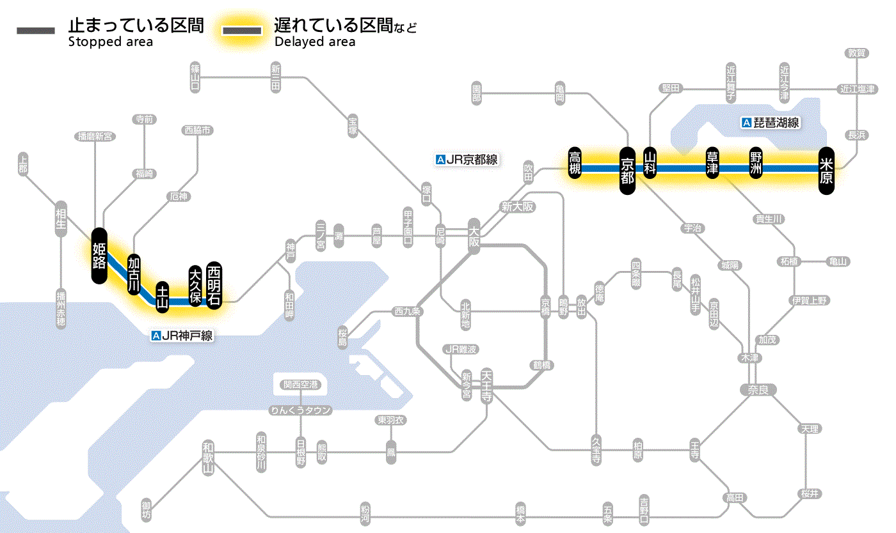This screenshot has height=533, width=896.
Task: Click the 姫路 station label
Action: (x=99, y=256)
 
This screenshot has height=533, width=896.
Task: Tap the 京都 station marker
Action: (x=627, y=171)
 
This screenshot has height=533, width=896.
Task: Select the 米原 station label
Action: (x=826, y=171)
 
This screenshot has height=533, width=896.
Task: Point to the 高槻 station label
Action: (x=575, y=164)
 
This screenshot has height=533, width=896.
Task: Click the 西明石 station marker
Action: (x=214, y=285)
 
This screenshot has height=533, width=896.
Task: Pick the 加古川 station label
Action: (x=134, y=275)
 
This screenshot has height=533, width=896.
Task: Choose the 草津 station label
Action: (x=712, y=164)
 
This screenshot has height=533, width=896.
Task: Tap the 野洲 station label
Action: (x=756, y=164)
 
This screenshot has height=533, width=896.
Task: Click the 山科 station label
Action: (x=650, y=164)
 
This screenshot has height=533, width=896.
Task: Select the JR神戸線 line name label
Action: (x=182, y=336)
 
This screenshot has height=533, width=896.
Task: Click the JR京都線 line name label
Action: (x=466, y=160)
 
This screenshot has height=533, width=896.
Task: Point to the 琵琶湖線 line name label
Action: (x=771, y=123)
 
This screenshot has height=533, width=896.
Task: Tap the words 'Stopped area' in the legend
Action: (x=110, y=42)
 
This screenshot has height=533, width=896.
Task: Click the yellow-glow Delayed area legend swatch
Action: (x=242, y=31)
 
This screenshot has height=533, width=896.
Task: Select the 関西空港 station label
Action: (x=301, y=385)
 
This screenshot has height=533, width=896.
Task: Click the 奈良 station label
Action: (x=757, y=389)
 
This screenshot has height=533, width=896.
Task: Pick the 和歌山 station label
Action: (x=207, y=457)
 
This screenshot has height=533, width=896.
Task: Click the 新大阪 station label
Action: (x=517, y=207)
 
